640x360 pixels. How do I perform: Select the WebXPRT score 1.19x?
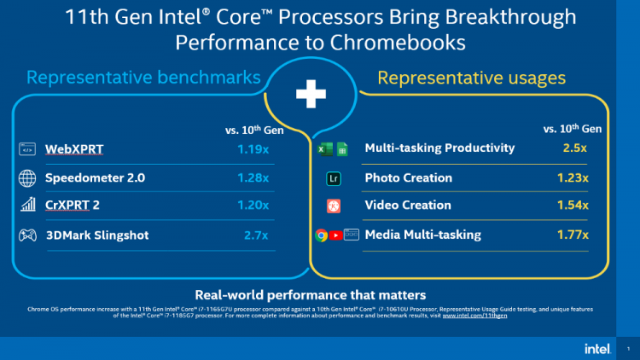coord(253,150)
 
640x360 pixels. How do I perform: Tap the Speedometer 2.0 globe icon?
coord(27,178)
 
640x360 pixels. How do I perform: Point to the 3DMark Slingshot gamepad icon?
coord(27,235)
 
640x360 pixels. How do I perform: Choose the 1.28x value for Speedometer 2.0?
coord(253,178)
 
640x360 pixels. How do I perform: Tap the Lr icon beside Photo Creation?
coord(335,179)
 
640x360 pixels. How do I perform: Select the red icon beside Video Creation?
coord(335,206)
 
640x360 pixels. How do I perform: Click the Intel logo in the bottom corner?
coord(596,348)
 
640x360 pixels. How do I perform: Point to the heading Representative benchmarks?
coord(143,78)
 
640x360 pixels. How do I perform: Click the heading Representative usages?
coord(472,78)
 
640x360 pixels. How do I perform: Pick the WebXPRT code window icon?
coord(27,150)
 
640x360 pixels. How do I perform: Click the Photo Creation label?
coord(408,178)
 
